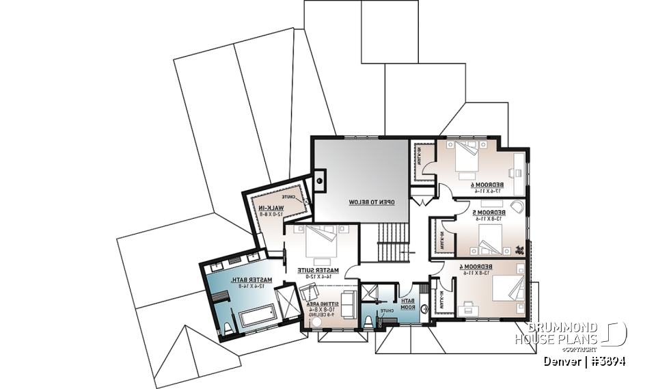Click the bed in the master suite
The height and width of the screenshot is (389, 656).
click(x=319, y=241)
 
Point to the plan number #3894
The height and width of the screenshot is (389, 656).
click(x=608, y=362)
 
